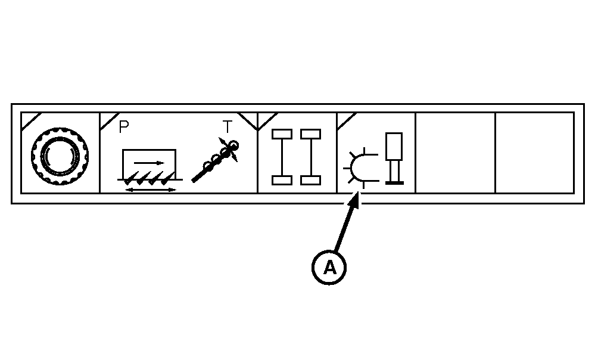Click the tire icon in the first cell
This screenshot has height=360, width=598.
click(x=60, y=156)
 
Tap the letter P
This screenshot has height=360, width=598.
click(x=124, y=127)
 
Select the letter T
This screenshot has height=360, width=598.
click(x=228, y=127)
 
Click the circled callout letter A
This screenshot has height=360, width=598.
click(x=329, y=267)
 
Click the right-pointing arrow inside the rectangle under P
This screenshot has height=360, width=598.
click(x=149, y=163)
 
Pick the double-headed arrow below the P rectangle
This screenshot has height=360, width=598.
click(x=151, y=190)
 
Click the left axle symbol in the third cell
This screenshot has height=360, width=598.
click(x=282, y=157)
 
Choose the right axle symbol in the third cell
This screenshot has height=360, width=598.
click(x=311, y=157)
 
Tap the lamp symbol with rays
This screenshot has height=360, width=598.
click(x=360, y=168)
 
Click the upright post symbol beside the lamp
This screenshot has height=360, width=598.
click(x=394, y=159)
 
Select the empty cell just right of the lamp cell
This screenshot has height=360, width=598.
click(x=456, y=153)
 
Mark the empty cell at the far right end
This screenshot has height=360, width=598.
click(x=535, y=153)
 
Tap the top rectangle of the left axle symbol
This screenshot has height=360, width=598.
click(x=282, y=134)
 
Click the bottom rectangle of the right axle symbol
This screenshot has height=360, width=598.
click(x=311, y=180)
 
